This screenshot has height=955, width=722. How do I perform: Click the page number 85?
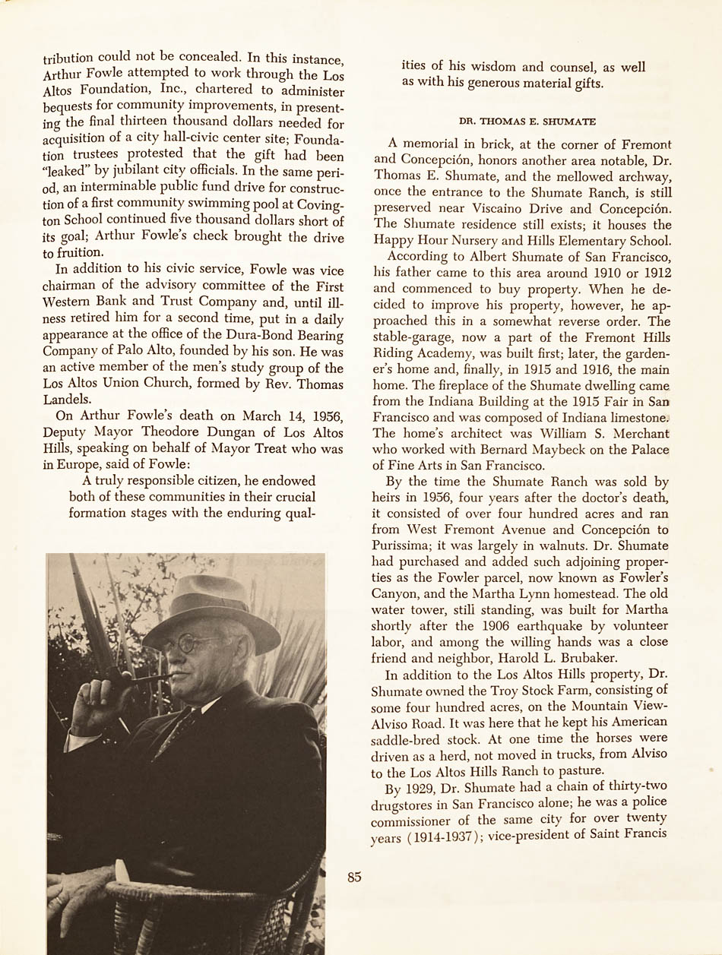pos(354,877)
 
